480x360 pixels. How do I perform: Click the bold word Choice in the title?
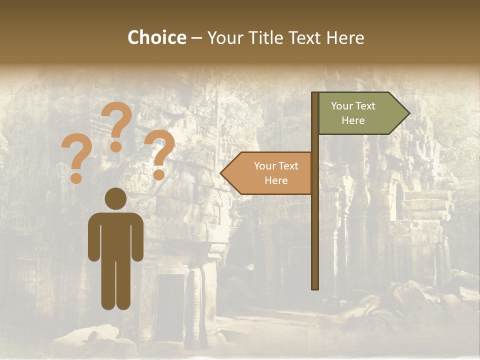[x=156, y=37]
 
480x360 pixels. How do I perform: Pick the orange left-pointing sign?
[x=270, y=173]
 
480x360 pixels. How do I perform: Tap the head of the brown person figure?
[x=115, y=198]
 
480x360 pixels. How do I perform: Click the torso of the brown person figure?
[x=115, y=235]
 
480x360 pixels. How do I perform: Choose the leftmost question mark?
[x=76, y=155]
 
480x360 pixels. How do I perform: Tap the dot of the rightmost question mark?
[x=159, y=175]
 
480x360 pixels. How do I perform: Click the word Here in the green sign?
[x=353, y=120]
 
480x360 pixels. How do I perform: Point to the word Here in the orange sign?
[x=276, y=180]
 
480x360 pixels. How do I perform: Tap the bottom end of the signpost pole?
[x=315, y=286]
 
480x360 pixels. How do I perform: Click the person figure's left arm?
[x=93, y=235]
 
